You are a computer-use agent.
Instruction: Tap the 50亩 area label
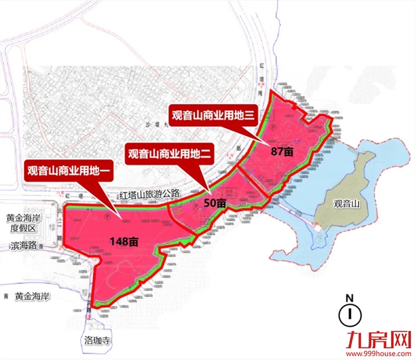(x=214, y=203)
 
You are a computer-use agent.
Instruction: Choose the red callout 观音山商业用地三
(x=212, y=114)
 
